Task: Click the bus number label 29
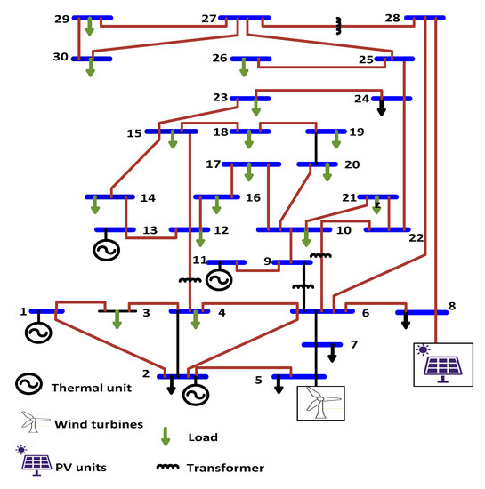(x=61, y=18)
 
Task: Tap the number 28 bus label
(x=392, y=18)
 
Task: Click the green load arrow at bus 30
(x=91, y=68)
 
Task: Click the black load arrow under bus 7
(x=332, y=353)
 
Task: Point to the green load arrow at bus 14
(x=95, y=206)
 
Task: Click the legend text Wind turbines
(x=97, y=424)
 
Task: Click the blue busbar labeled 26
(x=251, y=60)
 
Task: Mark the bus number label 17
(x=213, y=164)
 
